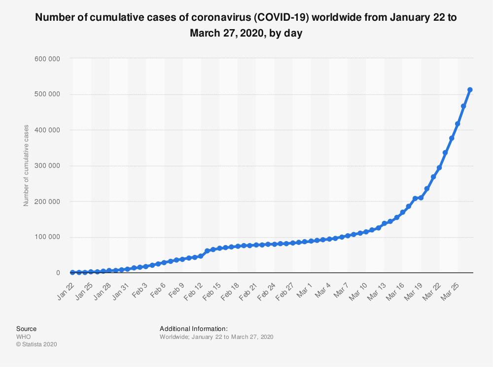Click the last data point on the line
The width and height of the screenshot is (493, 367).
tap(470, 90)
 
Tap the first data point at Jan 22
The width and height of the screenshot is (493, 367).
tap(72, 273)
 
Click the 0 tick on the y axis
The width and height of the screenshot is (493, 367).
tap(58, 273)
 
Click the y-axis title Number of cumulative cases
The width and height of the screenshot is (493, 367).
tap(26, 165)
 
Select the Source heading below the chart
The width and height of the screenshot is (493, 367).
tap(26, 328)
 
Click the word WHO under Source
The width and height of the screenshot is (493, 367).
tap(23, 336)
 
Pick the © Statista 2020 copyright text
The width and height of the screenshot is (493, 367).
tap(36, 344)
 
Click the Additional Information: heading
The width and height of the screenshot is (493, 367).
tap(193, 328)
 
